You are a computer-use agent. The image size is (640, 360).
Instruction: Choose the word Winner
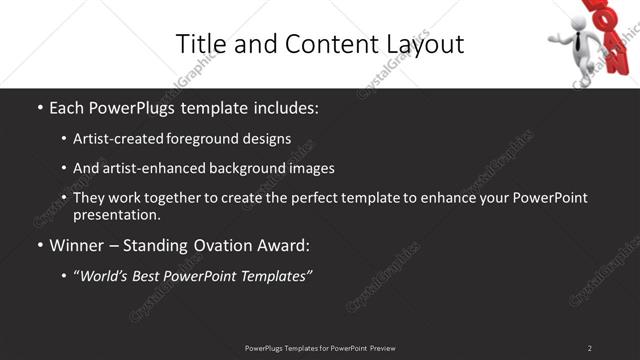pyautogui.click(x=78, y=245)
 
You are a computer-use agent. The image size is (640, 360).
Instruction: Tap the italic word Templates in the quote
pyautogui.click(x=273, y=275)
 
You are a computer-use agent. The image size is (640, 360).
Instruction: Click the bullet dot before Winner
pyautogui.click(x=40, y=245)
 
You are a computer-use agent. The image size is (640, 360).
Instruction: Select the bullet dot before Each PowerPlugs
pyautogui.click(x=40, y=107)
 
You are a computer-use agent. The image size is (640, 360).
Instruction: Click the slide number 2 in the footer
pyautogui.click(x=589, y=348)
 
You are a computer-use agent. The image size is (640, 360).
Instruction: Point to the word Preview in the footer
pyautogui.click(x=382, y=348)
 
